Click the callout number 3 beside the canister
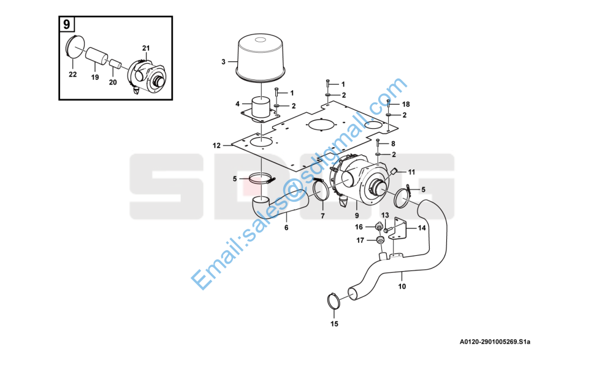click(223, 61)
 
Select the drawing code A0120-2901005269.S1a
click(495, 342)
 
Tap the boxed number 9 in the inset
click(67, 25)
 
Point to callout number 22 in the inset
click(72, 75)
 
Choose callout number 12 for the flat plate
click(216, 145)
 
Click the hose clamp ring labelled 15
click(333, 301)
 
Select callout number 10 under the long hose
click(402, 286)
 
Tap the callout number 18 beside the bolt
click(406, 104)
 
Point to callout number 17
click(360, 240)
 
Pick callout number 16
click(359, 227)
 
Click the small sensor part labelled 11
click(393, 171)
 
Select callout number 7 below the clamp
click(322, 216)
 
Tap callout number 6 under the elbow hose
click(286, 228)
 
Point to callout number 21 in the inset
click(146, 48)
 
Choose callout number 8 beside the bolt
click(393, 144)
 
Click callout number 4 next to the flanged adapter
click(237, 104)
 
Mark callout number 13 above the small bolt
click(385, 215)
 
